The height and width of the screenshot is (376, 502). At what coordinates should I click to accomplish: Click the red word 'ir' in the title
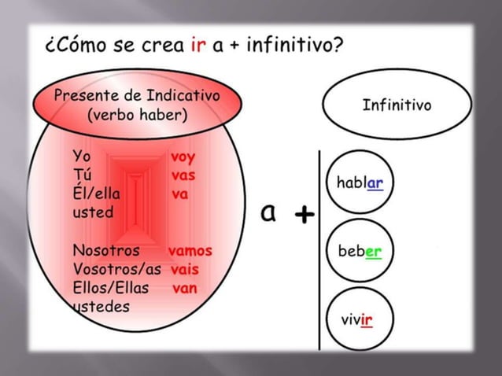(x=197, y=44)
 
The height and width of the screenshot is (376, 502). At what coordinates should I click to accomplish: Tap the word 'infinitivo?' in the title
(x=295, y=44)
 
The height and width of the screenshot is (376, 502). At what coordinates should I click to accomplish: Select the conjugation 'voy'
(x=183, y=157)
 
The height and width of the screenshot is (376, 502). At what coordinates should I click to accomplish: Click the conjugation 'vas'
(x=183, y=175)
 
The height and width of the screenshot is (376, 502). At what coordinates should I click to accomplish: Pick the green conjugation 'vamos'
(x=190, y=251)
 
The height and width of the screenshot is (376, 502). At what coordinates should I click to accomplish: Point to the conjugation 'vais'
(x=182, y=269)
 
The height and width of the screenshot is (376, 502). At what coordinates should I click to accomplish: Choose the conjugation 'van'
(x=184, y=288)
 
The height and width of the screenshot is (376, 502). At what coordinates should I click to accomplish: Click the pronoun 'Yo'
(x=81, y=156)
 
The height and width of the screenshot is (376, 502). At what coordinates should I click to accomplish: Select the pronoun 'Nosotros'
(x=106, y=251)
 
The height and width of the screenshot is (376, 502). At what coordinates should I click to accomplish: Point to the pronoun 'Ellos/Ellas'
(x=110, y=288)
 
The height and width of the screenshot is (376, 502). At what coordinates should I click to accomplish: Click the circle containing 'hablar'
(x=359, y=183)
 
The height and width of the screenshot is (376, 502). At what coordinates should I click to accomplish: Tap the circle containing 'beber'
(x=359, y=252)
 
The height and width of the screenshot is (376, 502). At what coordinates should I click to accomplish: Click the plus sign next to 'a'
(x=304, y=214)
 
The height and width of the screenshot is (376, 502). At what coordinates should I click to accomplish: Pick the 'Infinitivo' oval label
(x=396, y=105)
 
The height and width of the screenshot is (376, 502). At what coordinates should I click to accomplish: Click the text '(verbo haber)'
(x=137, y=115)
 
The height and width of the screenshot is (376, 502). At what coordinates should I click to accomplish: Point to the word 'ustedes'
(x=101, y=306)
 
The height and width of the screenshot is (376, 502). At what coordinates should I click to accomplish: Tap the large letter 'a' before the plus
(x=269, y=212)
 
